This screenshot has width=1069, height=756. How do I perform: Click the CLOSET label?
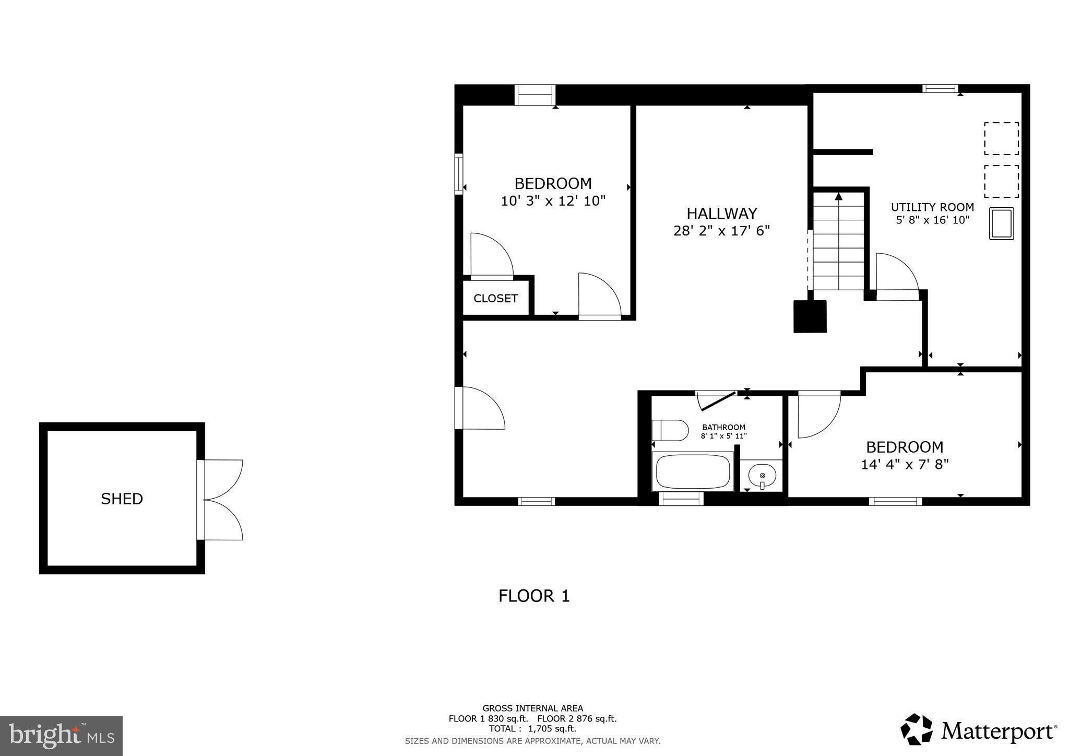[x=495, y=298]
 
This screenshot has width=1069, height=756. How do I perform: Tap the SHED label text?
[x=122, y=499]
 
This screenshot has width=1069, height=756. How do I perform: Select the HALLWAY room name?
[x=721, y=213]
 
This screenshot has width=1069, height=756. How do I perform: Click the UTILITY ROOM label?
[x=932, y=207]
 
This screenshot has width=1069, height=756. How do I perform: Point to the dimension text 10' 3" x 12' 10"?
[x=553, y=201]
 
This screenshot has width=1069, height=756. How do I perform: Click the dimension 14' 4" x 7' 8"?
[x=904, y=464]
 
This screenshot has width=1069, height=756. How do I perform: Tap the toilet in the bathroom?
[x=670, y=430]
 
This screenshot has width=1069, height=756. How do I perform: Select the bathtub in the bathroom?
[x=693, y=471]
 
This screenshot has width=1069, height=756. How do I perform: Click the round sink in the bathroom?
[x=762, y=476]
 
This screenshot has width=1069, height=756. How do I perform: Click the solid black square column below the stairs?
[x=810, y=316]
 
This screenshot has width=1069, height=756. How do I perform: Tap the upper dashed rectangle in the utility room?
[x=1001, y=138]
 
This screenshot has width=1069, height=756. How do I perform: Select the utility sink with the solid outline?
[x=1001, y=223]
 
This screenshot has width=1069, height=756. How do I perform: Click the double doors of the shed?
[x=223, y=500]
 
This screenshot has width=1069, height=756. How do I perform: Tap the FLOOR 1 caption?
[x=534, y=596]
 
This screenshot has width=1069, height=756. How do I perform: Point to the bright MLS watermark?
[x=61, y=736]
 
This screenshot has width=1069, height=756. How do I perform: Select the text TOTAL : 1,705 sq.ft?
[x=532, y=729]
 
